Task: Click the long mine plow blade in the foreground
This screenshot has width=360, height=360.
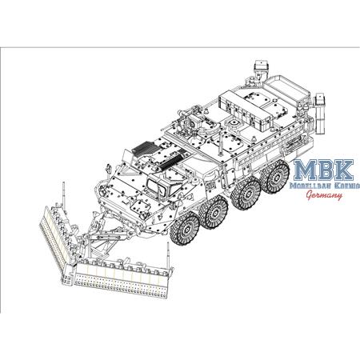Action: pyautogui.click(x=120, y=276)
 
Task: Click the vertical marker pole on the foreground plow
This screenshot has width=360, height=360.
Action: pyautogui.click(x=168, y=258)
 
